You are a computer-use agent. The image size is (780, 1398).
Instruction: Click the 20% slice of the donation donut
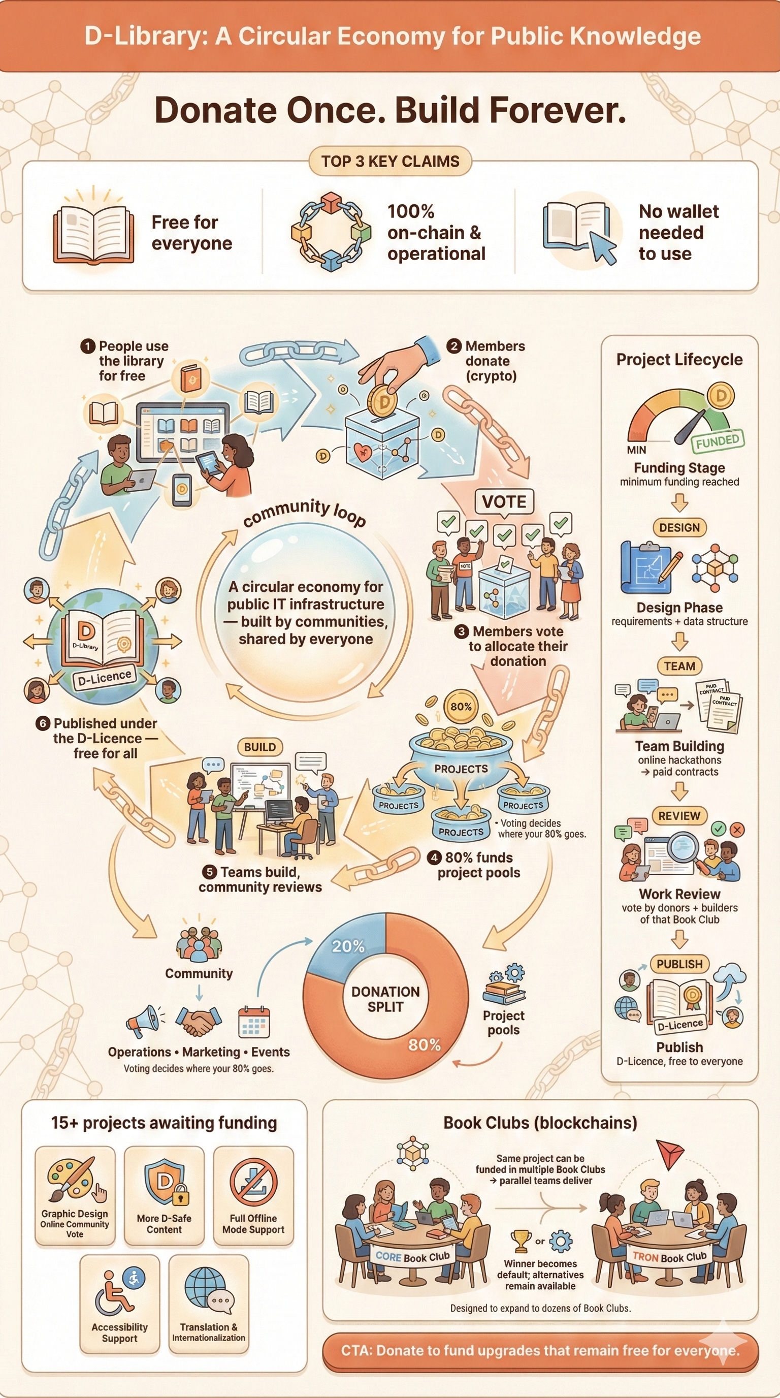(347, 945)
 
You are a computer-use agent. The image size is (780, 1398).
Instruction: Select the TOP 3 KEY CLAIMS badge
(390, 161)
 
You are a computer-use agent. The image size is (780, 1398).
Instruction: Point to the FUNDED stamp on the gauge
(718, 440)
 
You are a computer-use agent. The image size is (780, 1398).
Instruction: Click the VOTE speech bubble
(504, 502)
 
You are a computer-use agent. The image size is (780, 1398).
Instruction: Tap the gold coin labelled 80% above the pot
(461, 707)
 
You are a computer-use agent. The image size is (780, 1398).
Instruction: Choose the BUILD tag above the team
(260, 747)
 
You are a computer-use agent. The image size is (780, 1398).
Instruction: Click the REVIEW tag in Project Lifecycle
(679, 816)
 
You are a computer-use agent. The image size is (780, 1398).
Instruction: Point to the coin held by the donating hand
(384, 400)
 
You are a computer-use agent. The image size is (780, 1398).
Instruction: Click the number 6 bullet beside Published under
(43, 723)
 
